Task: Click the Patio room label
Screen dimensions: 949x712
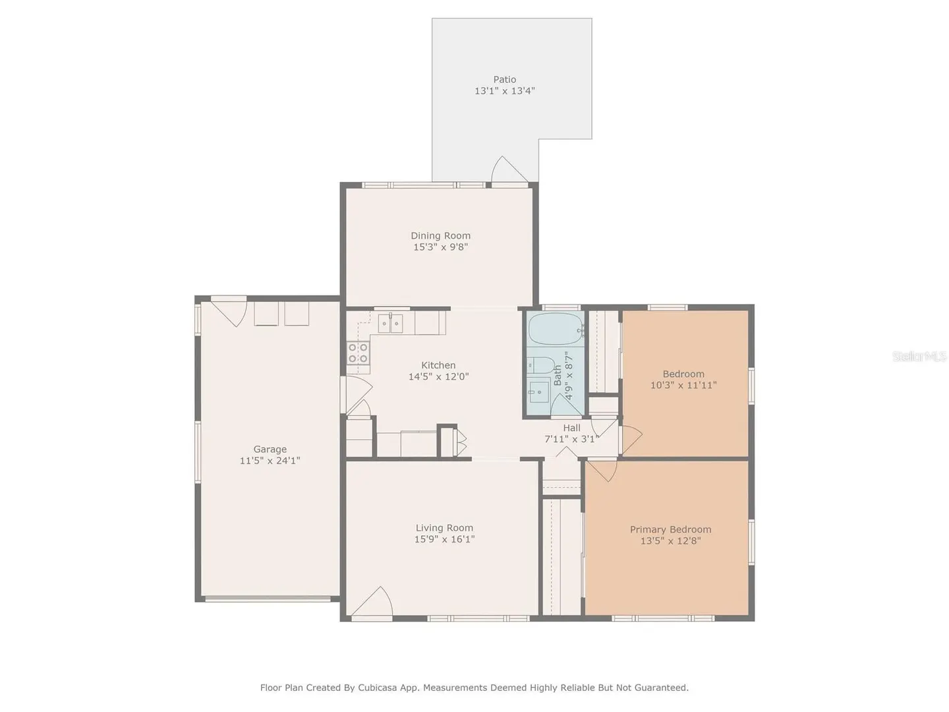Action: (x=505, y=80)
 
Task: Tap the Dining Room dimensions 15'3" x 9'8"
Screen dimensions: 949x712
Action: (x=441, y=247)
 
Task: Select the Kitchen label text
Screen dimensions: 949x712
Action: (x=438, y=365)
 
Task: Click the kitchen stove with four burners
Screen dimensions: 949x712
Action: (x=358, y=352)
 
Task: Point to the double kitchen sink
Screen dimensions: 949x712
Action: (x=390, y=323)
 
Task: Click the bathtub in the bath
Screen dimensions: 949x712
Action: (x=556, y=330)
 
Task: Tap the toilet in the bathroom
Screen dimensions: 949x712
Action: (x=540, y=365)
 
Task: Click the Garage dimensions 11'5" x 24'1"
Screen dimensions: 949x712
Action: (x=270, y=461)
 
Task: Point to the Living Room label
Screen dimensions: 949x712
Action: (x=444, y=528)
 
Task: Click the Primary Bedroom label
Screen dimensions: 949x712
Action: (x=671, y=529)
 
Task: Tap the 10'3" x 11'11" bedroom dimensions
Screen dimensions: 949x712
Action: (x=683, y=385)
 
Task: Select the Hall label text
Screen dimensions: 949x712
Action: (x=571, y=428)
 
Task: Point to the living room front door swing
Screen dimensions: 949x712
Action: (x=372, y=601)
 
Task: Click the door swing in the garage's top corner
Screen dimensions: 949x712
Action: (x=229, y=311)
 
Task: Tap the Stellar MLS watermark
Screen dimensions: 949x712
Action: (x=919, y=356)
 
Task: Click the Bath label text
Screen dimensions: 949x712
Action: (x=558, y=375)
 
